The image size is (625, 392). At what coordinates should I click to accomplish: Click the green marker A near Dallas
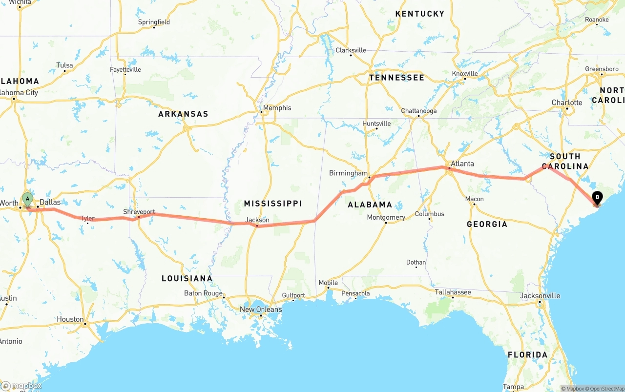pos(28,199)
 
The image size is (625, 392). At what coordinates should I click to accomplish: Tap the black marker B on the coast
pos(597,198)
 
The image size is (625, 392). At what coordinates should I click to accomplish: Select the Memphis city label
pos(277,108)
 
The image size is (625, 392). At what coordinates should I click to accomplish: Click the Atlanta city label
pos(462,164)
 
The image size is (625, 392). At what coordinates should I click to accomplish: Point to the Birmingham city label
pos(348,173)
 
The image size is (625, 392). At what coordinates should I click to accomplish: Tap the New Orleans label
pos(261,309)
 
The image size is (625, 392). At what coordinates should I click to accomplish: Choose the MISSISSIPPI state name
pos(273,203)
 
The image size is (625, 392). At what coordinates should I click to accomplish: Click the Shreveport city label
pos(139,212)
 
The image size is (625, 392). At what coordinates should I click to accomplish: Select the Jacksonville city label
pos(540,295)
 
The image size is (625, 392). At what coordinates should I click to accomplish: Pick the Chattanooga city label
pos(418,111)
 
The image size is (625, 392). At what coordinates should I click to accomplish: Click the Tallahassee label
pos(453,292)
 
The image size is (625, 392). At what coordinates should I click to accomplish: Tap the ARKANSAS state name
pos(183,114)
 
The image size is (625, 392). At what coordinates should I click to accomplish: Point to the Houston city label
pos(70,319)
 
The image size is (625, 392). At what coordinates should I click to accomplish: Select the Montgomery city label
pos(386,217)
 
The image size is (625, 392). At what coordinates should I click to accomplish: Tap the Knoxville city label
pos(465,74)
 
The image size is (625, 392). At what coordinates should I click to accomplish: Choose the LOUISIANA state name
pos(187,278)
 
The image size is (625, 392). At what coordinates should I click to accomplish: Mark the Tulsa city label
pos(64,65)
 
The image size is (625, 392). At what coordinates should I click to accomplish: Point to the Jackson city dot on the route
pos(257,226)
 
